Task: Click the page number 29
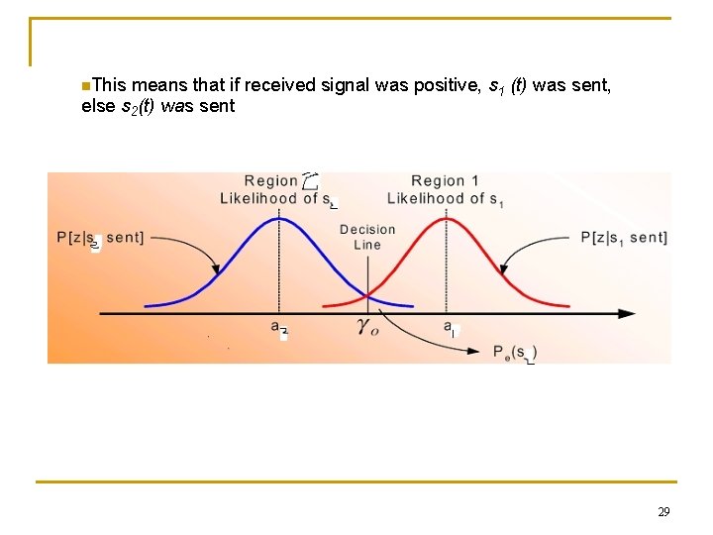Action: click(663, 512)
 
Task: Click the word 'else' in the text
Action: click(97, 106)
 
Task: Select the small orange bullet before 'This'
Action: click(86, 85)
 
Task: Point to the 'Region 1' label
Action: click(445, 180)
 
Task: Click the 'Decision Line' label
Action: click(367, 237)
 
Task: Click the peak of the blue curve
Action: click(278, 217)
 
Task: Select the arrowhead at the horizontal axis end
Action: click(628, 314)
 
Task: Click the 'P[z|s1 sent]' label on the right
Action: click(623, 237)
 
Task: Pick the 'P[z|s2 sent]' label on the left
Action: click(100, 238)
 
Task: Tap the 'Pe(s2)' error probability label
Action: click(515, 352)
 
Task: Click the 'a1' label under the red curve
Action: click(450, 327)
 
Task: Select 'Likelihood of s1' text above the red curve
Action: click(445, 199)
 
